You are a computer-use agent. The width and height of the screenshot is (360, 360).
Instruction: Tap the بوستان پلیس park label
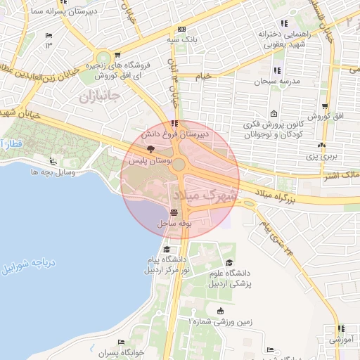(x=150, y=161)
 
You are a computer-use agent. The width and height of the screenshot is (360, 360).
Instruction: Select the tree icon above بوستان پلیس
(x=150, y=149)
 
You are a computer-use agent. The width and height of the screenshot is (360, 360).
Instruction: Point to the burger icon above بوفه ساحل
(x=174, y=212)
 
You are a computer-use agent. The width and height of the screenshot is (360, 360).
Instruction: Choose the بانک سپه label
(x=181, y=40)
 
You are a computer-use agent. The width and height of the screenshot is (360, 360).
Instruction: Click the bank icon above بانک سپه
(x=181, y=30)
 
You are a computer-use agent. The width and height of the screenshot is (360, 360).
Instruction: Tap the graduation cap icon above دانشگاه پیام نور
(x=166, y=250)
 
